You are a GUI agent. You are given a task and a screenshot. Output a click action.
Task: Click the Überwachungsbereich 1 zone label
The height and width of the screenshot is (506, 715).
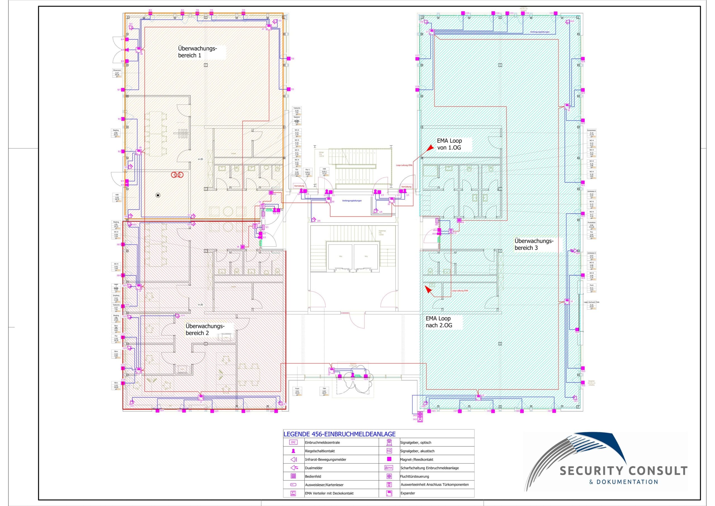[197, 52]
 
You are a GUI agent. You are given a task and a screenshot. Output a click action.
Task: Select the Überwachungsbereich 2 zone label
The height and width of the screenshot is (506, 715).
[205, 329]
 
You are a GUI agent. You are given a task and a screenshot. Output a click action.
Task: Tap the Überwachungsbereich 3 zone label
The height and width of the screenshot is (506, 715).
[534, 244]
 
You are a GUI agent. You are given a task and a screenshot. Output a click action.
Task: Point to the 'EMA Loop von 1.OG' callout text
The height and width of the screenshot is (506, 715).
[449, 144]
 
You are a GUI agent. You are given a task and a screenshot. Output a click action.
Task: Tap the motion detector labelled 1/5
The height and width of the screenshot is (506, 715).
[376, 211]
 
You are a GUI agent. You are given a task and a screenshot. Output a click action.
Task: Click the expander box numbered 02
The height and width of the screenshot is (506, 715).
[328, 200]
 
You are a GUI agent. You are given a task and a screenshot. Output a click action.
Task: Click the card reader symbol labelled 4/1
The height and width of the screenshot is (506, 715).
[263, 214]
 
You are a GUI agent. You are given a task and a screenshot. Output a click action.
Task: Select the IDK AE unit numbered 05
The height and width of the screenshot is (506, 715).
[255, 226]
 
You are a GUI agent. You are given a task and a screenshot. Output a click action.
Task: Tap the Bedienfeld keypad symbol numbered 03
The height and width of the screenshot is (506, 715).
[271, 193]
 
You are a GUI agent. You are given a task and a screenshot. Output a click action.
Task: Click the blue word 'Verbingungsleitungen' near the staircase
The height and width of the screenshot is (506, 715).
[352, 201]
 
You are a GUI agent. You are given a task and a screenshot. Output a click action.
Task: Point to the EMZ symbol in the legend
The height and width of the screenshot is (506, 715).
[293, 443]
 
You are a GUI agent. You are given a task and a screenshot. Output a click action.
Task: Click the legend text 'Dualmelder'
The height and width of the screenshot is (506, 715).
[314, 468]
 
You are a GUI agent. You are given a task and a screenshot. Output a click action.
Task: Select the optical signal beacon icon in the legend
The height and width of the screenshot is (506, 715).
[389, 443]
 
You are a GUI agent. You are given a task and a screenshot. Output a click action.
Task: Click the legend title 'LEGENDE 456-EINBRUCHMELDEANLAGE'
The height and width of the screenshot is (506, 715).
[339, 434]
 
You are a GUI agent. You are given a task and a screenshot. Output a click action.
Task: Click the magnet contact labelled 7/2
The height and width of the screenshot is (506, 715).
[288, 59]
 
